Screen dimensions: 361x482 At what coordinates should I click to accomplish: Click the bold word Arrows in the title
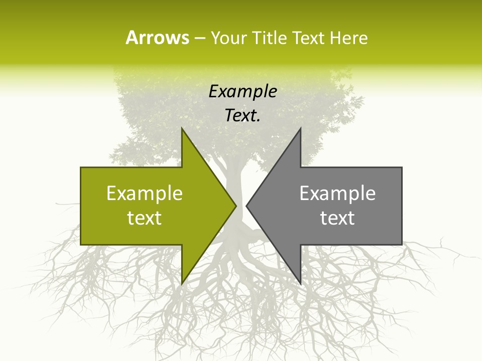157,38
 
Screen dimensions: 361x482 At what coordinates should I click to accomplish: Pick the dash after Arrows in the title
199,38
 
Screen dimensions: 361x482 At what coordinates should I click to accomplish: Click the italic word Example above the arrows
243,92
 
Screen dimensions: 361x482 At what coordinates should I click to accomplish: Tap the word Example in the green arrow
145,194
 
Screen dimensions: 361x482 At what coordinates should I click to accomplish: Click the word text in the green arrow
145,218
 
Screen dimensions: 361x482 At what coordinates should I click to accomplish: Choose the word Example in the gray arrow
337,194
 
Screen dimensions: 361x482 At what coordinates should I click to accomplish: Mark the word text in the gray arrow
337,218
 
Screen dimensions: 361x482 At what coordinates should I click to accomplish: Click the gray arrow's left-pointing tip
247,206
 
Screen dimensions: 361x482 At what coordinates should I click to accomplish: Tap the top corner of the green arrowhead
182,129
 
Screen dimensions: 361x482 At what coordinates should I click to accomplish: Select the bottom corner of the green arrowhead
182,283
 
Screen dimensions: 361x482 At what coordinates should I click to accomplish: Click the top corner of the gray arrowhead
300,129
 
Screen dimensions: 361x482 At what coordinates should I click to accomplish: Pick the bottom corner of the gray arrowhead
300,283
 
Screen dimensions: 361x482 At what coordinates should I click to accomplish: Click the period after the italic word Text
259,121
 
